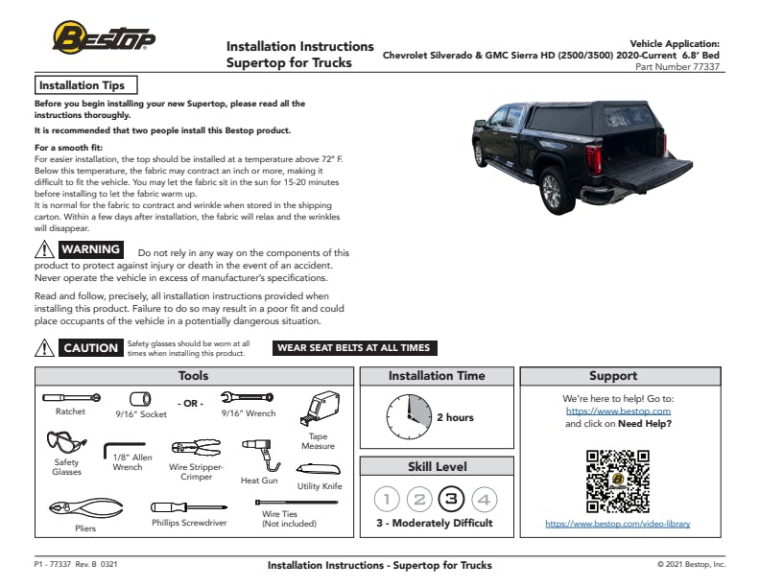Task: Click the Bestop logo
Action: pos(104,38)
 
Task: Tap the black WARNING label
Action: pos(90,249)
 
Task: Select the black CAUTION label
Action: pos(90,348)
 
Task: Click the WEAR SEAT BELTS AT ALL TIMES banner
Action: pos(353,348)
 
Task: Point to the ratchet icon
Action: pos(71,396)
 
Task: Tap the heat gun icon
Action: pos(257,450)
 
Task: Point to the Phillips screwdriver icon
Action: pos(188,506)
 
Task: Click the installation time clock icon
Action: pos(409,417)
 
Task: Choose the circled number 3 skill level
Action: pos(451,499)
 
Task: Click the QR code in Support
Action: pos(617,481)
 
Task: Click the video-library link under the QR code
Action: pos(617,524)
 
